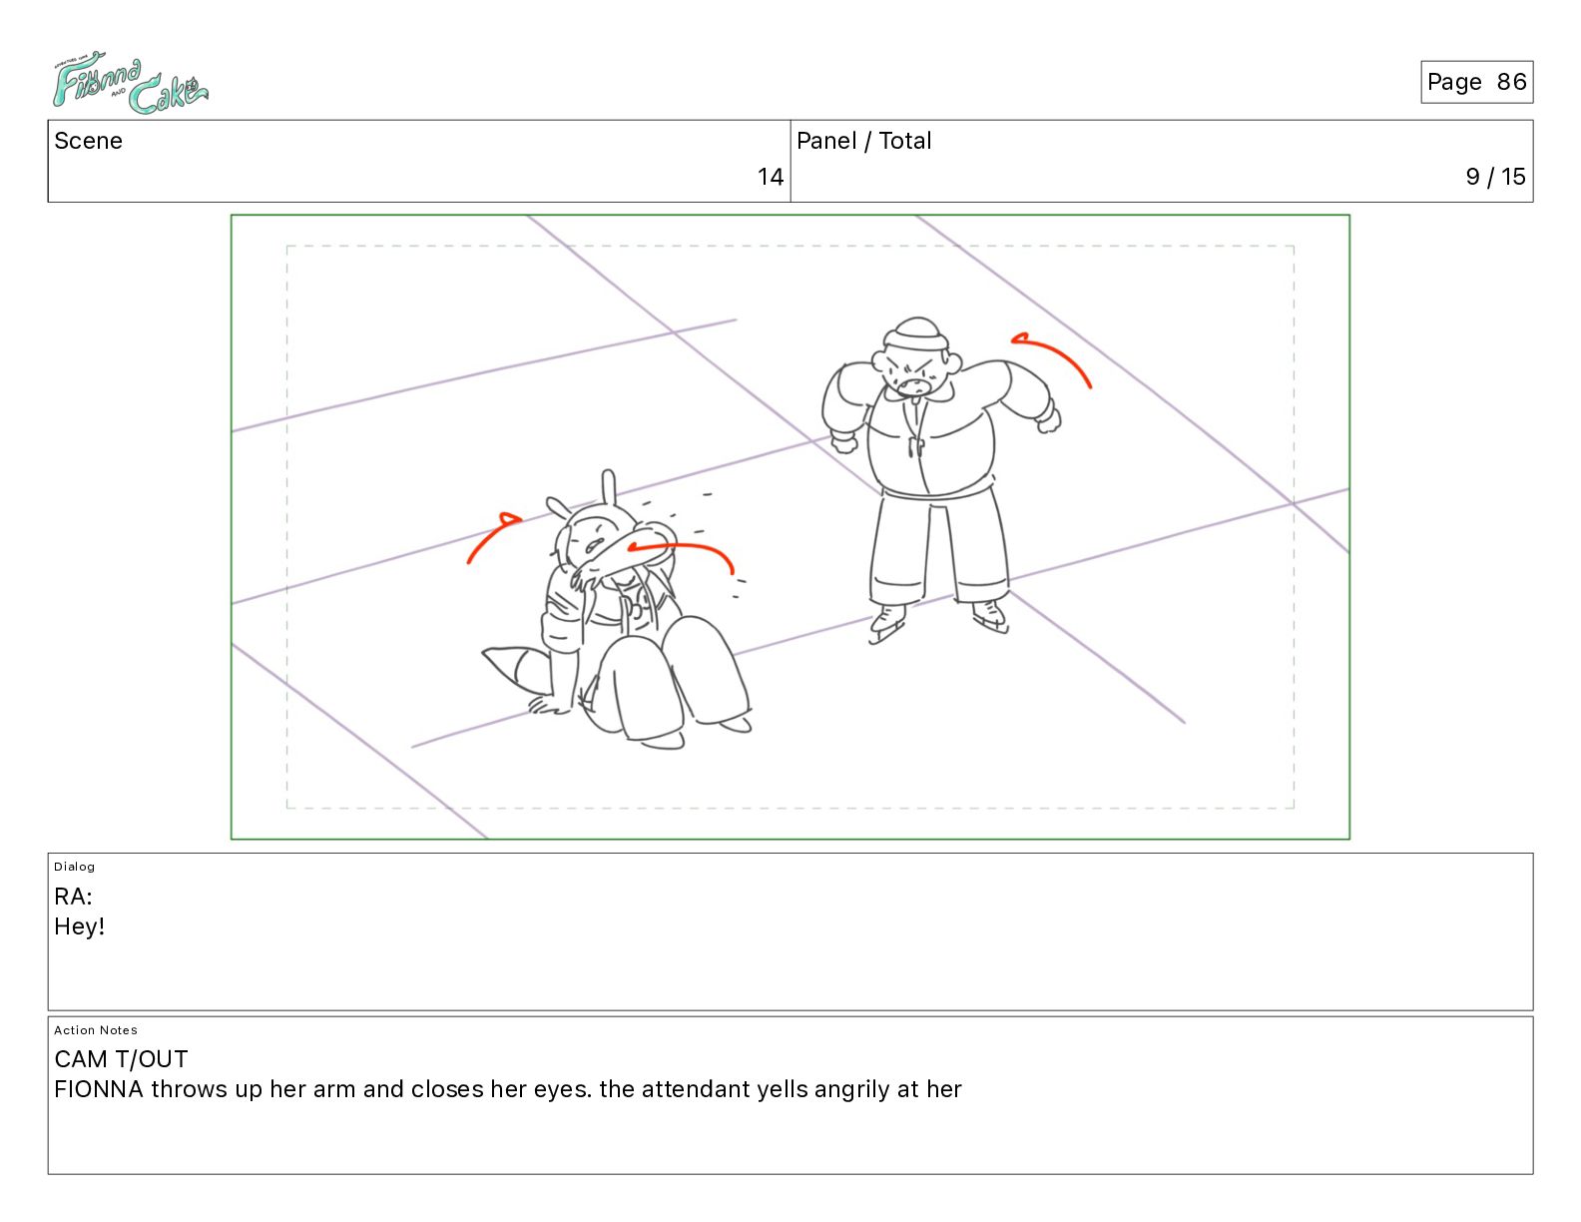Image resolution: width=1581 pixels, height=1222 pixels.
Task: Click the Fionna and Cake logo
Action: [130, 82]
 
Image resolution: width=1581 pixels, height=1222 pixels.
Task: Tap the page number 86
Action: [1511, 82]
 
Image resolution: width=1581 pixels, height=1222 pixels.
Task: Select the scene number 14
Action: [770, 176]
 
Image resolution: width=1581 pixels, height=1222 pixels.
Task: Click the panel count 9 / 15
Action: [1495, 176]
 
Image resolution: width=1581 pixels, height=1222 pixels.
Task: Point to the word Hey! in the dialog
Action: [79, 926]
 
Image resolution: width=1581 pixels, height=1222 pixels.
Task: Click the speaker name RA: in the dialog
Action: [73, 897]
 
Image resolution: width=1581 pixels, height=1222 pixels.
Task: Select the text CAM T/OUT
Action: [121, 1059]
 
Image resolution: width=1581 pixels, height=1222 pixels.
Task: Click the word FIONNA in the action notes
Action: [98, 1089]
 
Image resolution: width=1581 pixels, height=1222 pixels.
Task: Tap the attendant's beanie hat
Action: [916, 334]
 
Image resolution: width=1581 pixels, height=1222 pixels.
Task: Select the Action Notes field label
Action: [95, 1030]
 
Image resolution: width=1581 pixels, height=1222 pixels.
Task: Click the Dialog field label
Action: [74, 867]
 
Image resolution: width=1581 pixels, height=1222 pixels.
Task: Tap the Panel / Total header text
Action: [863, 141]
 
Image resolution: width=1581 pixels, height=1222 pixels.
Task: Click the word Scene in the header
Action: [88, 141]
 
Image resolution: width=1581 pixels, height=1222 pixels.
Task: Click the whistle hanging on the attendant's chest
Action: [914, 446]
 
